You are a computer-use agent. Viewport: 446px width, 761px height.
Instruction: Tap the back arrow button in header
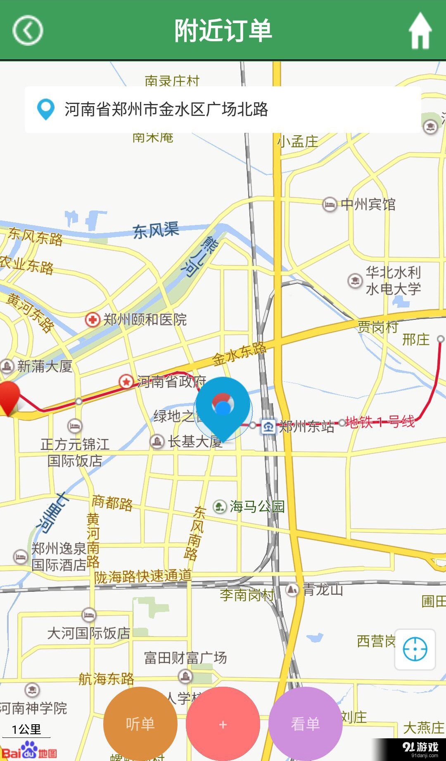pos(28,30)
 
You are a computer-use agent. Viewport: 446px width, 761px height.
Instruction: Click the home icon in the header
pos(420,31)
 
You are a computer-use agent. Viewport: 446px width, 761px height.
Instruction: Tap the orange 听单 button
pos(140,723)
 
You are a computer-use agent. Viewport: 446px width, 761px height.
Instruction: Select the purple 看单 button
pos(305,723)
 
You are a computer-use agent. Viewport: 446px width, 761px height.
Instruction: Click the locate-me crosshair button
pos(415,649)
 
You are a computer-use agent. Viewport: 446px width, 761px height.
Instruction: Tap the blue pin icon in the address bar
pos(45,109)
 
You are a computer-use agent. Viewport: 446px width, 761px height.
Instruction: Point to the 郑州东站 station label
pos(306,426)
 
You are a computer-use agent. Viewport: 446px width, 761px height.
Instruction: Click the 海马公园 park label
pos(256,506)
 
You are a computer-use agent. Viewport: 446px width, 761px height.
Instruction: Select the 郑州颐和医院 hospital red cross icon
pos(92,319)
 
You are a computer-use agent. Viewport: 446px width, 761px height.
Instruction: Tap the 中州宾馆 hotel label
pos(368,204)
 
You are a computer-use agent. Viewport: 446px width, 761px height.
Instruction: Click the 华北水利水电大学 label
pos(393,281)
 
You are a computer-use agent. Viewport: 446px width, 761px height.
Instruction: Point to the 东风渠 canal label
pos(156,230)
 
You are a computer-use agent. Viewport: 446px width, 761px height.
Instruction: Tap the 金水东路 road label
pos(239,354)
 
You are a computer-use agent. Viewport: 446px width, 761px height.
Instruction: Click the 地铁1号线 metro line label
pos(380,422)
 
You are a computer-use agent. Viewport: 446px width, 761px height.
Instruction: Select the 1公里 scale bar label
pos(26,730)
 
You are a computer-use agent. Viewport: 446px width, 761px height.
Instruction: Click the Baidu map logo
pos(29,751)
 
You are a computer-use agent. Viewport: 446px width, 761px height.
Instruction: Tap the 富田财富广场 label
pos(185,657)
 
